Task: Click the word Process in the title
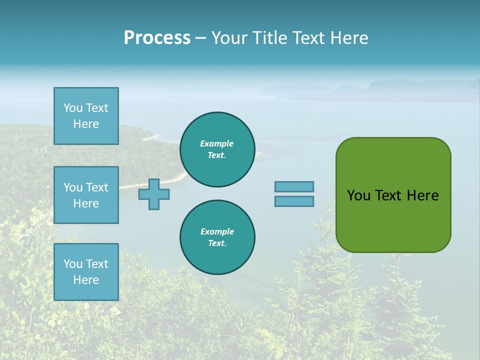[x=157, y=38]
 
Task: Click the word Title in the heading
[x=269, y=38]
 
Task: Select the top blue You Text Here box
[x=86, y=116]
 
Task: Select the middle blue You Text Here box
[x=86, y=195]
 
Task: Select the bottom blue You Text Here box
[x=86, y=271]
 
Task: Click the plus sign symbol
[x=154, y=194]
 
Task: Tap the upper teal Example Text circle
[x=217, y=149]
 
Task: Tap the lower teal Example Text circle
[x=217, y=237]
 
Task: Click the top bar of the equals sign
[x=294, y=186]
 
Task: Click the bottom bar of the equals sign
[x=294, y=201]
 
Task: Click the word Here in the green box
[x=422, y=195]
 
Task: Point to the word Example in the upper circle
[x=217, y=143]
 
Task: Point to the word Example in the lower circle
[x=217, y=231]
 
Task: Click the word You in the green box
[x=358, y=195]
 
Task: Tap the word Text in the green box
[x=389, y=195]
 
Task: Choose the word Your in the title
[x=230, y=38]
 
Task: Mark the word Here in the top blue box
[x=86, y=124]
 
